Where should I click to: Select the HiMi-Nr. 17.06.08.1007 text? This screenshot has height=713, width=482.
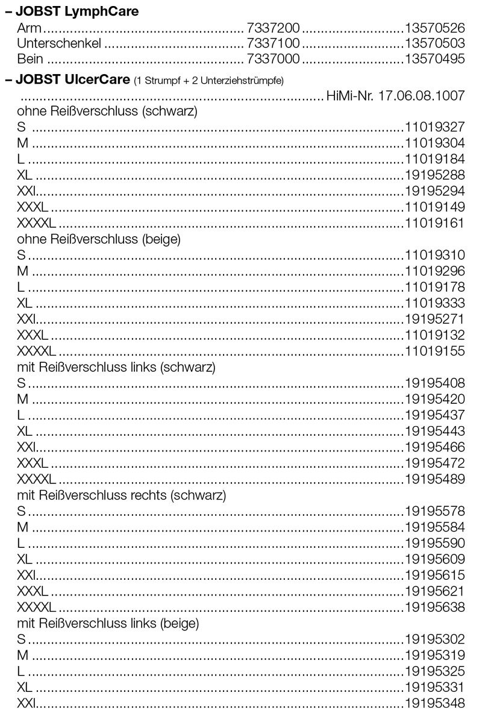pyautogui.click(x=395, y=96)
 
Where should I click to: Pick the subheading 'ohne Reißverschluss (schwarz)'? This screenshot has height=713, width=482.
pyautogui.click(x=107, y=112)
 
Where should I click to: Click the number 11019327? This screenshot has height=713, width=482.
pyautogui.click(x=434, y=127)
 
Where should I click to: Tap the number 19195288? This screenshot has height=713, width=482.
pyautogui.click(x=434, y=175)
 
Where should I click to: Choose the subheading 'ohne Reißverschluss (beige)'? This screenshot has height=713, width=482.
pyautogui.click(x=99, y=239)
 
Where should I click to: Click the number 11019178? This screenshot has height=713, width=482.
pyautogui.click(x=434, y=286)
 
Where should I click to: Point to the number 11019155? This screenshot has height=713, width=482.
pyautogui.click(x=434, y=350)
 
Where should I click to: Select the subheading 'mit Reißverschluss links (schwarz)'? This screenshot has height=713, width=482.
pyautogui.click(x=116, y=366)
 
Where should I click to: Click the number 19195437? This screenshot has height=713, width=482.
pyautogui.click(x=434, y=415)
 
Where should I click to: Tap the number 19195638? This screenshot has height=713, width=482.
pyautogui.click(x=434, y=606)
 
